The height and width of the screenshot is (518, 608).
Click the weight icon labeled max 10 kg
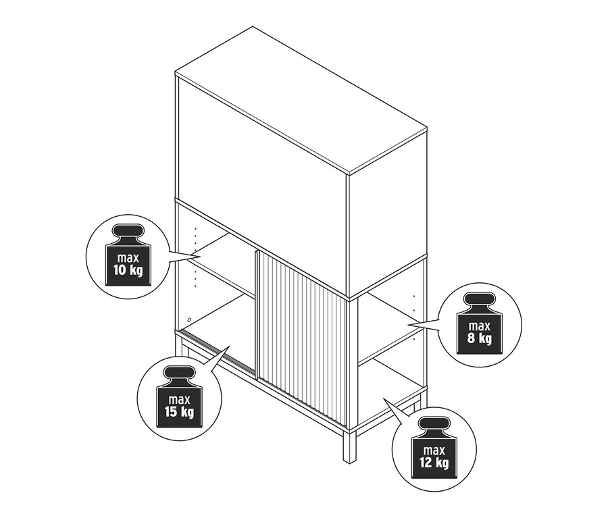point(128,255)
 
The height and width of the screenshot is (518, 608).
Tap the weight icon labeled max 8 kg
point(479,323)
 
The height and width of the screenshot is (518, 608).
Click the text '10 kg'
point(128,270)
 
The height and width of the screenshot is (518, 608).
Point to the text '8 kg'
point(479,338)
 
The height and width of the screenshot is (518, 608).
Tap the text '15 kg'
point(179,412)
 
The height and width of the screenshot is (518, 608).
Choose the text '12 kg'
point(434,463)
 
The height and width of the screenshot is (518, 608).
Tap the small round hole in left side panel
point(189,320)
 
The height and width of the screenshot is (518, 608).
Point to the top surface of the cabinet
point(301,99)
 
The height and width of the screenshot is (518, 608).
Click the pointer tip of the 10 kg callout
point(201,257)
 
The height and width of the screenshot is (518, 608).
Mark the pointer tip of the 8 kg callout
point(407,323)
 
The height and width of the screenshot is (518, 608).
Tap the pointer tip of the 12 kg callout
point(383,398)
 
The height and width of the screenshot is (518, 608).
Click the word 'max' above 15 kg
point(179,399)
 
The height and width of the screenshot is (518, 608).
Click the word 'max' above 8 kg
point(479,326)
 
